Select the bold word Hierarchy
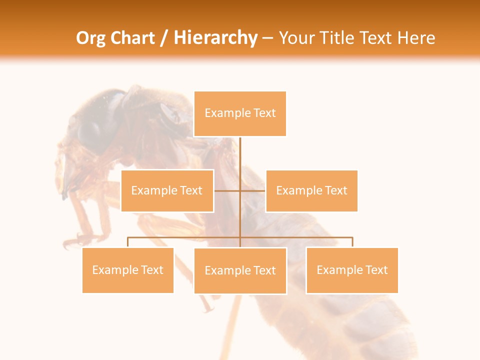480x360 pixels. [215, 38]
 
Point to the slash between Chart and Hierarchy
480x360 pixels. [164, 38]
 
